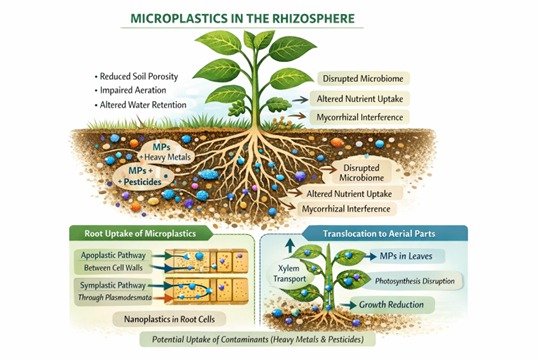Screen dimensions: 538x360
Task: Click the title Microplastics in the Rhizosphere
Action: (243, 19)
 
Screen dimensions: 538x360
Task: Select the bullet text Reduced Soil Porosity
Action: (139, 77)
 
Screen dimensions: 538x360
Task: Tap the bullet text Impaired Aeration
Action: (133, 90)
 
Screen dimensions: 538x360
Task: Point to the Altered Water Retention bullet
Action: (143, 105)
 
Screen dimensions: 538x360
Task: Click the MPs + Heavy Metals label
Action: (165, 152)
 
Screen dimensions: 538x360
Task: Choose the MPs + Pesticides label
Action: (142, 176)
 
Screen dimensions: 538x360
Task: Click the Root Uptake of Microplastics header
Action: (140, 234)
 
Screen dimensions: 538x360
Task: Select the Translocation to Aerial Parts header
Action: (379, 234)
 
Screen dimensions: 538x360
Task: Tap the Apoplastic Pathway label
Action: (113, 255)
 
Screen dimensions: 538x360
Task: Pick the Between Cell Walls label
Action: (113, 268)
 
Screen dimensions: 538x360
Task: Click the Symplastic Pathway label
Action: (113, 285)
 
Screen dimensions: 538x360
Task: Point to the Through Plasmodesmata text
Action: (115, 298)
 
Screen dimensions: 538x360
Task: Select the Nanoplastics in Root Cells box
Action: (169, 319)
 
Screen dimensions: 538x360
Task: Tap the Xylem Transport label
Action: (289, 274)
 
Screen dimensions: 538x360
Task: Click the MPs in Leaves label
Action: (406, 256)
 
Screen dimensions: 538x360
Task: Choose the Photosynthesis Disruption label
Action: (414, 281)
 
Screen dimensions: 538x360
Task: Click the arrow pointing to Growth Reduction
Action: (348, 305)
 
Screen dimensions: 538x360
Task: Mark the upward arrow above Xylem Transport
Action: (290, 245)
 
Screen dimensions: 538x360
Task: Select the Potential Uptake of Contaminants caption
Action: (258, 339)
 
